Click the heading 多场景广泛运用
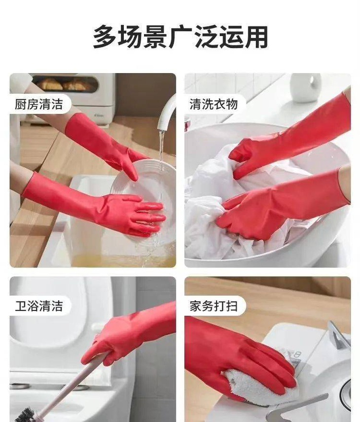pos(180,37)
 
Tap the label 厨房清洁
pos(39,104)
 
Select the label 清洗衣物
pos(214,104)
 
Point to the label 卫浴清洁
pos(39,306)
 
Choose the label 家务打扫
pos(214,306)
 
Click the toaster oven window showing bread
pos(66,84)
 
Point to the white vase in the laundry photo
pos(306,87)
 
